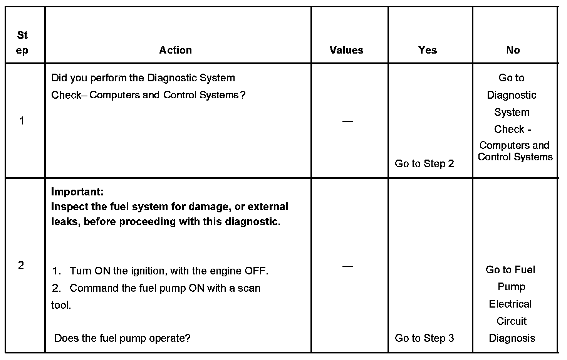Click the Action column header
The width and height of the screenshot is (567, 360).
[175, 50]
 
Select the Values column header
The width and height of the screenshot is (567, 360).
[346, 50]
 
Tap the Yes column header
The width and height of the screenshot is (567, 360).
[428, 50]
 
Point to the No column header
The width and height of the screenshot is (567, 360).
[513, 50]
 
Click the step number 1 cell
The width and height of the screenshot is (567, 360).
[22, 121]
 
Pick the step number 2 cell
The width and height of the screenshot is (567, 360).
[21, 265]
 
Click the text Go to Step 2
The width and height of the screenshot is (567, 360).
[424, 163]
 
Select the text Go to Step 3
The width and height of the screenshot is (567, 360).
[424, 338]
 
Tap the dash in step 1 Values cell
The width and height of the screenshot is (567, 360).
[347, 121]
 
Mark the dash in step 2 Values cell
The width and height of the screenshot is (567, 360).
[347, 266]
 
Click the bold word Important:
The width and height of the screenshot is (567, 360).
[77, 192]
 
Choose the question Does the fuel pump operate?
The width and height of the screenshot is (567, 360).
[122, 338]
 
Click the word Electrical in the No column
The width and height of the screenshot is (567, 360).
[510, 304]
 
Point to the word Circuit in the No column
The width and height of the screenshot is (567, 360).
[511, 321]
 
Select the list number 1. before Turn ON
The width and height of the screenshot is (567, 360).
[56, 271]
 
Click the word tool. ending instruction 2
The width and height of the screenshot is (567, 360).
[61, 305]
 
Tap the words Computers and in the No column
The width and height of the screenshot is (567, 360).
[514, 145]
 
